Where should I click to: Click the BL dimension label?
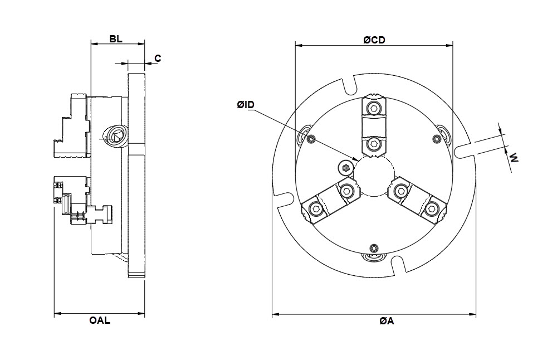coord(116,39)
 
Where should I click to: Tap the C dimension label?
coord(158,59)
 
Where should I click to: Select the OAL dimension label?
coord(100,320)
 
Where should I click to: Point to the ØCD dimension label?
coord(374,40)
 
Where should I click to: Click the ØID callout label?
coord(246,105)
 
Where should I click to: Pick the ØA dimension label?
coord(387,321)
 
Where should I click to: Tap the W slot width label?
coord(514,158)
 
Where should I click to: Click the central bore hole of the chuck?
coord(374,176)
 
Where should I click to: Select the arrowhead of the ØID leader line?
coord(355,159)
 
